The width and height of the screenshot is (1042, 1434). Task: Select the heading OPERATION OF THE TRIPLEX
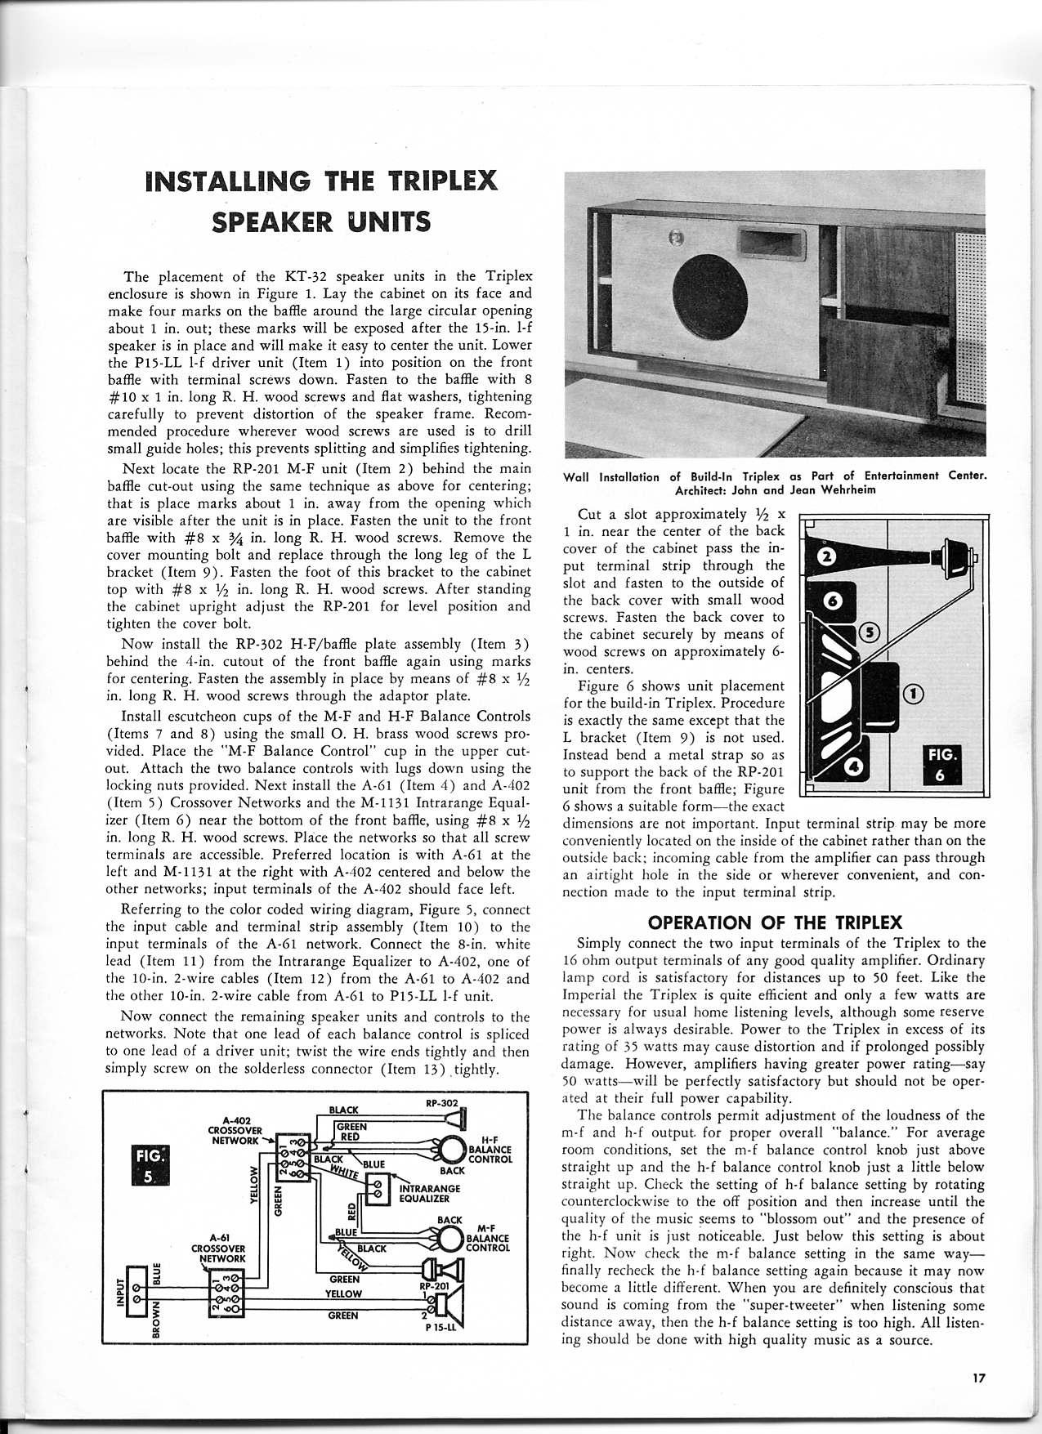(775, 922)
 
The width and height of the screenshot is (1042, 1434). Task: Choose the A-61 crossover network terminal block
(227, 1296)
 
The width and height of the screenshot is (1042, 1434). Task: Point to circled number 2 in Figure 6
(825, 559)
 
